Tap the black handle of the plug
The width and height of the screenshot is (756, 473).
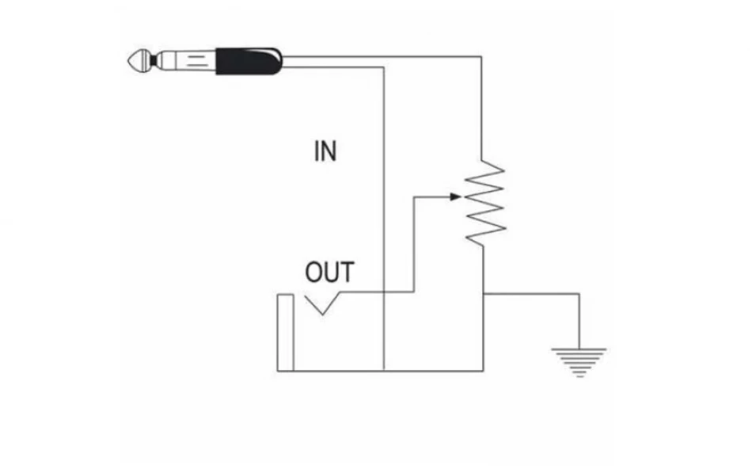coord(246,60)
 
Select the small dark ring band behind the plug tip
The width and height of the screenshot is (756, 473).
coord(153,60)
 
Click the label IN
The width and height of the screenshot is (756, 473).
coord(325,151)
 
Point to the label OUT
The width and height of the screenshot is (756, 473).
coord(329,273)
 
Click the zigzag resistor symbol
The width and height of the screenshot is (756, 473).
coord(484,204)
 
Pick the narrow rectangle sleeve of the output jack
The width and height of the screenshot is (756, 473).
coord(285,332)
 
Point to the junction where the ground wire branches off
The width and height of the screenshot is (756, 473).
coord(483,293)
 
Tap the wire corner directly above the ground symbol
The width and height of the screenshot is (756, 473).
coord(579,293)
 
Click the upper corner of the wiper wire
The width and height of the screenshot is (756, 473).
coord(415,196)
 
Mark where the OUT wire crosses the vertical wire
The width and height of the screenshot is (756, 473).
coord(384,292)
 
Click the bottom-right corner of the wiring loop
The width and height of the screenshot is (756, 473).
coord(483,369)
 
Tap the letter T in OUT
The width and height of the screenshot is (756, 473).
coord(347,273)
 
